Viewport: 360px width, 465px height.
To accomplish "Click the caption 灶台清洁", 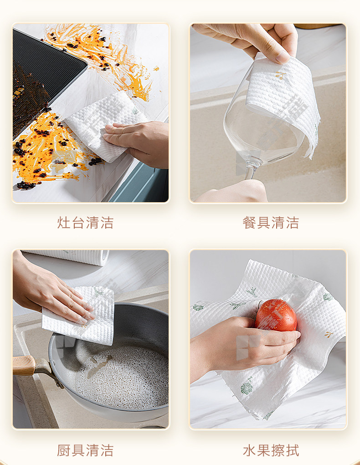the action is pyautogui.click(x=85, y=222).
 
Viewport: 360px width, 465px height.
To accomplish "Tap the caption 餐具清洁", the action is pyautogui.click(x=270, y=222).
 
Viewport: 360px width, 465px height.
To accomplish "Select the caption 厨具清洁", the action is pyautogui.click(x=85, y=450).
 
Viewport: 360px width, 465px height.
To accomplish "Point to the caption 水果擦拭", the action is pyautogui.click(x=270, y=450).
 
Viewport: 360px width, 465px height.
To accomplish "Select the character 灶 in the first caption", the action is pyautogui.click(x=63, y=222).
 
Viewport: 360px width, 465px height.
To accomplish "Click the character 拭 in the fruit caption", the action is pyautogui.click(x=292, y=450).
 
